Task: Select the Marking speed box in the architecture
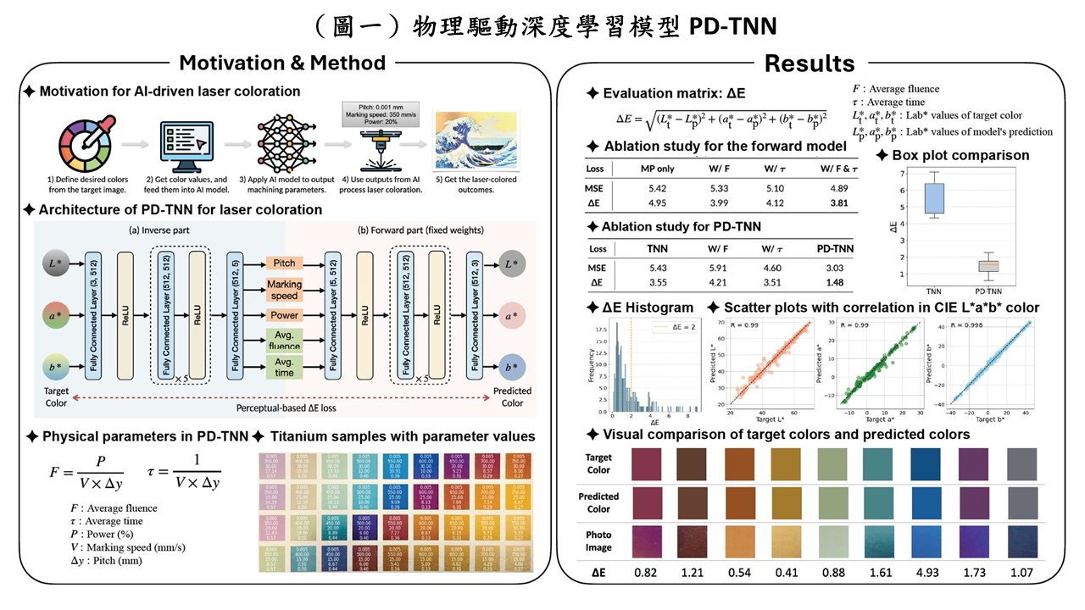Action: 284,291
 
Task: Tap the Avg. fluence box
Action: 284,340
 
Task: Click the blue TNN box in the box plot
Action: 934,199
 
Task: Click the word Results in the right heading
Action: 809,63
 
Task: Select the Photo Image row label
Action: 598,541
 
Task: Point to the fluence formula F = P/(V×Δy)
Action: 85,473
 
